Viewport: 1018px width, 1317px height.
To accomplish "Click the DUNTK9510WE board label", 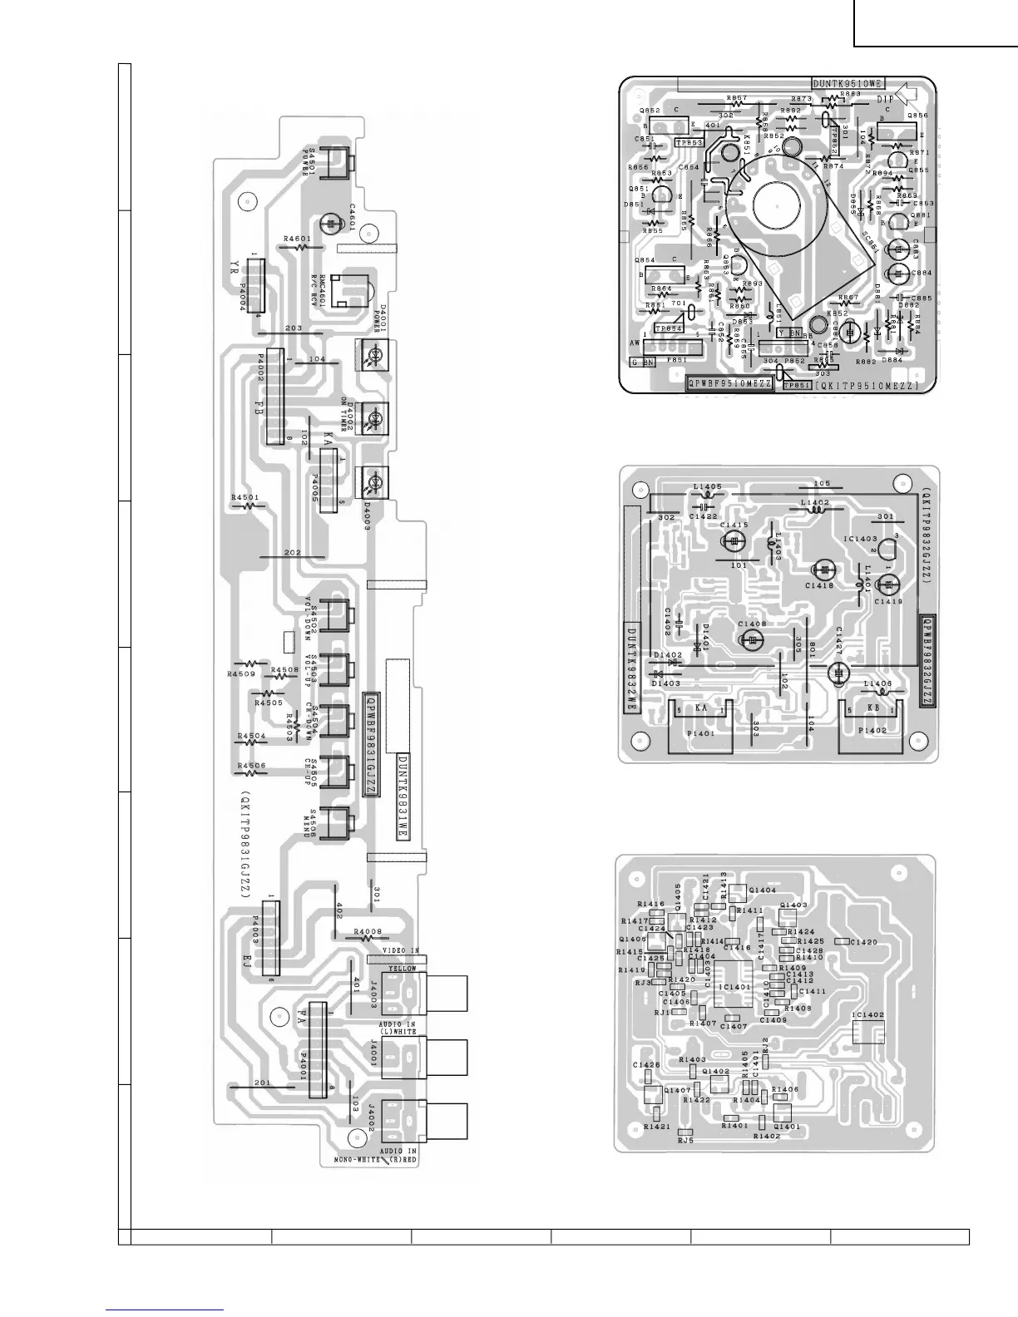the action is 848,83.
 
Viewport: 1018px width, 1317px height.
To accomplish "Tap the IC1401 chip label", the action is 734,987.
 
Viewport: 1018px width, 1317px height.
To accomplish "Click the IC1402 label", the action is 868,1016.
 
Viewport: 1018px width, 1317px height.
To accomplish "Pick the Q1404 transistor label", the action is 762,890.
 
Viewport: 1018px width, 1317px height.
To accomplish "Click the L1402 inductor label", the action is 815,502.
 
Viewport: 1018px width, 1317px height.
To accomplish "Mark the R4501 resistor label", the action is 245,497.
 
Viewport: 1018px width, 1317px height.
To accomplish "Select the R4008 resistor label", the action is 367,931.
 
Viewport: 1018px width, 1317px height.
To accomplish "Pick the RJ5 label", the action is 685,1141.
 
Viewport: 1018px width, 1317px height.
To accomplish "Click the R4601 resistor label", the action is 296,239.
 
